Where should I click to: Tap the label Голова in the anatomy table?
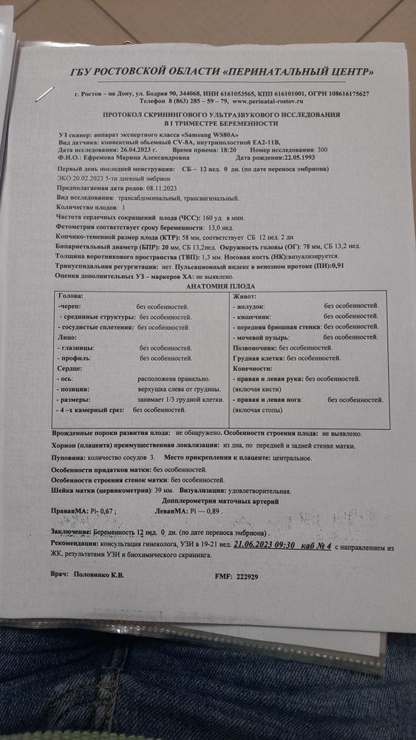click(71, 295)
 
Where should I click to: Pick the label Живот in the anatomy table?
click(245, 295)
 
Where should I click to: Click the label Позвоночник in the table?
click(254, 347)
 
